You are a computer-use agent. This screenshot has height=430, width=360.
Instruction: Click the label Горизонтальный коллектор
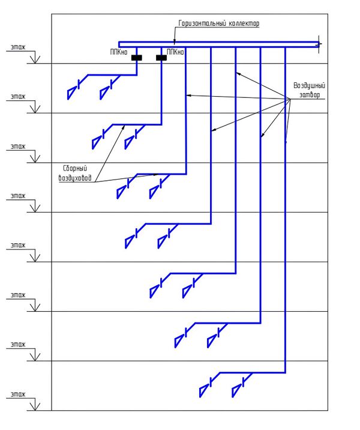pos(218,23)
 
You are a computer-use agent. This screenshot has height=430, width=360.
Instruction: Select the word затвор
pos(310,95)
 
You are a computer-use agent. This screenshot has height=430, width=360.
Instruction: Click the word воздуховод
pos(77,178)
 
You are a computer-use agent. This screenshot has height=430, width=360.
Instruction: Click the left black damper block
pos(137,58)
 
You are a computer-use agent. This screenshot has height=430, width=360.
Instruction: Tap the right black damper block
pos(161,58)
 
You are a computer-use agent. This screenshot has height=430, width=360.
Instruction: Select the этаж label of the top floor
pos(19,46)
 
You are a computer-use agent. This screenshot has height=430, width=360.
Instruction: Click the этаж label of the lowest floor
pos(19,393)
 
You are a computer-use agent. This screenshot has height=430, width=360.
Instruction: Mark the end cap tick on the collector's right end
pos(319,43)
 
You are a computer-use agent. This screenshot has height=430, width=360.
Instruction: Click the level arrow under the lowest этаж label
pos(35,406)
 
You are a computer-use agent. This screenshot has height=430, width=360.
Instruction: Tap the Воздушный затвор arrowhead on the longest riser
pos(286,142)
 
